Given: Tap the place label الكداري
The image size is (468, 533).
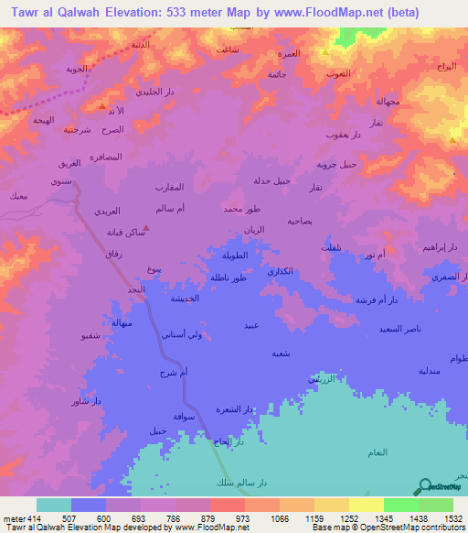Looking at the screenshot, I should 279,272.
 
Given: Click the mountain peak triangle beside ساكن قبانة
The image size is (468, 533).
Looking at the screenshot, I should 147,229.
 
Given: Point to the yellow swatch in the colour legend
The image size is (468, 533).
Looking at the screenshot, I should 366,505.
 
